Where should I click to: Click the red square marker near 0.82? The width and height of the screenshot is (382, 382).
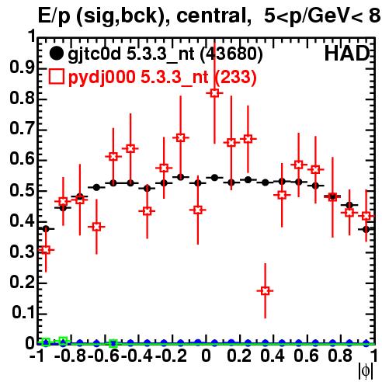pos(214,93)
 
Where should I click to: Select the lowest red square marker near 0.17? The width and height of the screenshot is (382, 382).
pos(265,291)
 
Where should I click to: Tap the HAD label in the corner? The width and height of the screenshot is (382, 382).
pos(347,54)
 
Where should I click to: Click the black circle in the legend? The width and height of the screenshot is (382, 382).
pos(56,54)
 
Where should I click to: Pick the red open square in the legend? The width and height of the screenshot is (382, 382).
pos(56,77)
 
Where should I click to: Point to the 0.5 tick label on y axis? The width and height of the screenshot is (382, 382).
pos(22,190)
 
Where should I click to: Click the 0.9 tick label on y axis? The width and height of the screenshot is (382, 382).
pos(22,68)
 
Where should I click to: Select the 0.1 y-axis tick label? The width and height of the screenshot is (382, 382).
pos(23,313)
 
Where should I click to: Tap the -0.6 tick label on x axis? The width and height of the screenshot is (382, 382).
pos(103,356)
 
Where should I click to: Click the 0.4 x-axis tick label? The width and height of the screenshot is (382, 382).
pos(273,356)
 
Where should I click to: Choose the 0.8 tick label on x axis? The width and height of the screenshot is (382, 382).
pos(340,356)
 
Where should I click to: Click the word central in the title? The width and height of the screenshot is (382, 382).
pos(210,16)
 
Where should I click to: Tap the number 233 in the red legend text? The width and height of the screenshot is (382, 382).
pos(235,77)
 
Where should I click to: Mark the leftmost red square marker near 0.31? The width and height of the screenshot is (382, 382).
pos(46,250)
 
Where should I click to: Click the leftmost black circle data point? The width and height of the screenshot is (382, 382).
pos(46,229)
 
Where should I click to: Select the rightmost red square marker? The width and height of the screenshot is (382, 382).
pos(366,216)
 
